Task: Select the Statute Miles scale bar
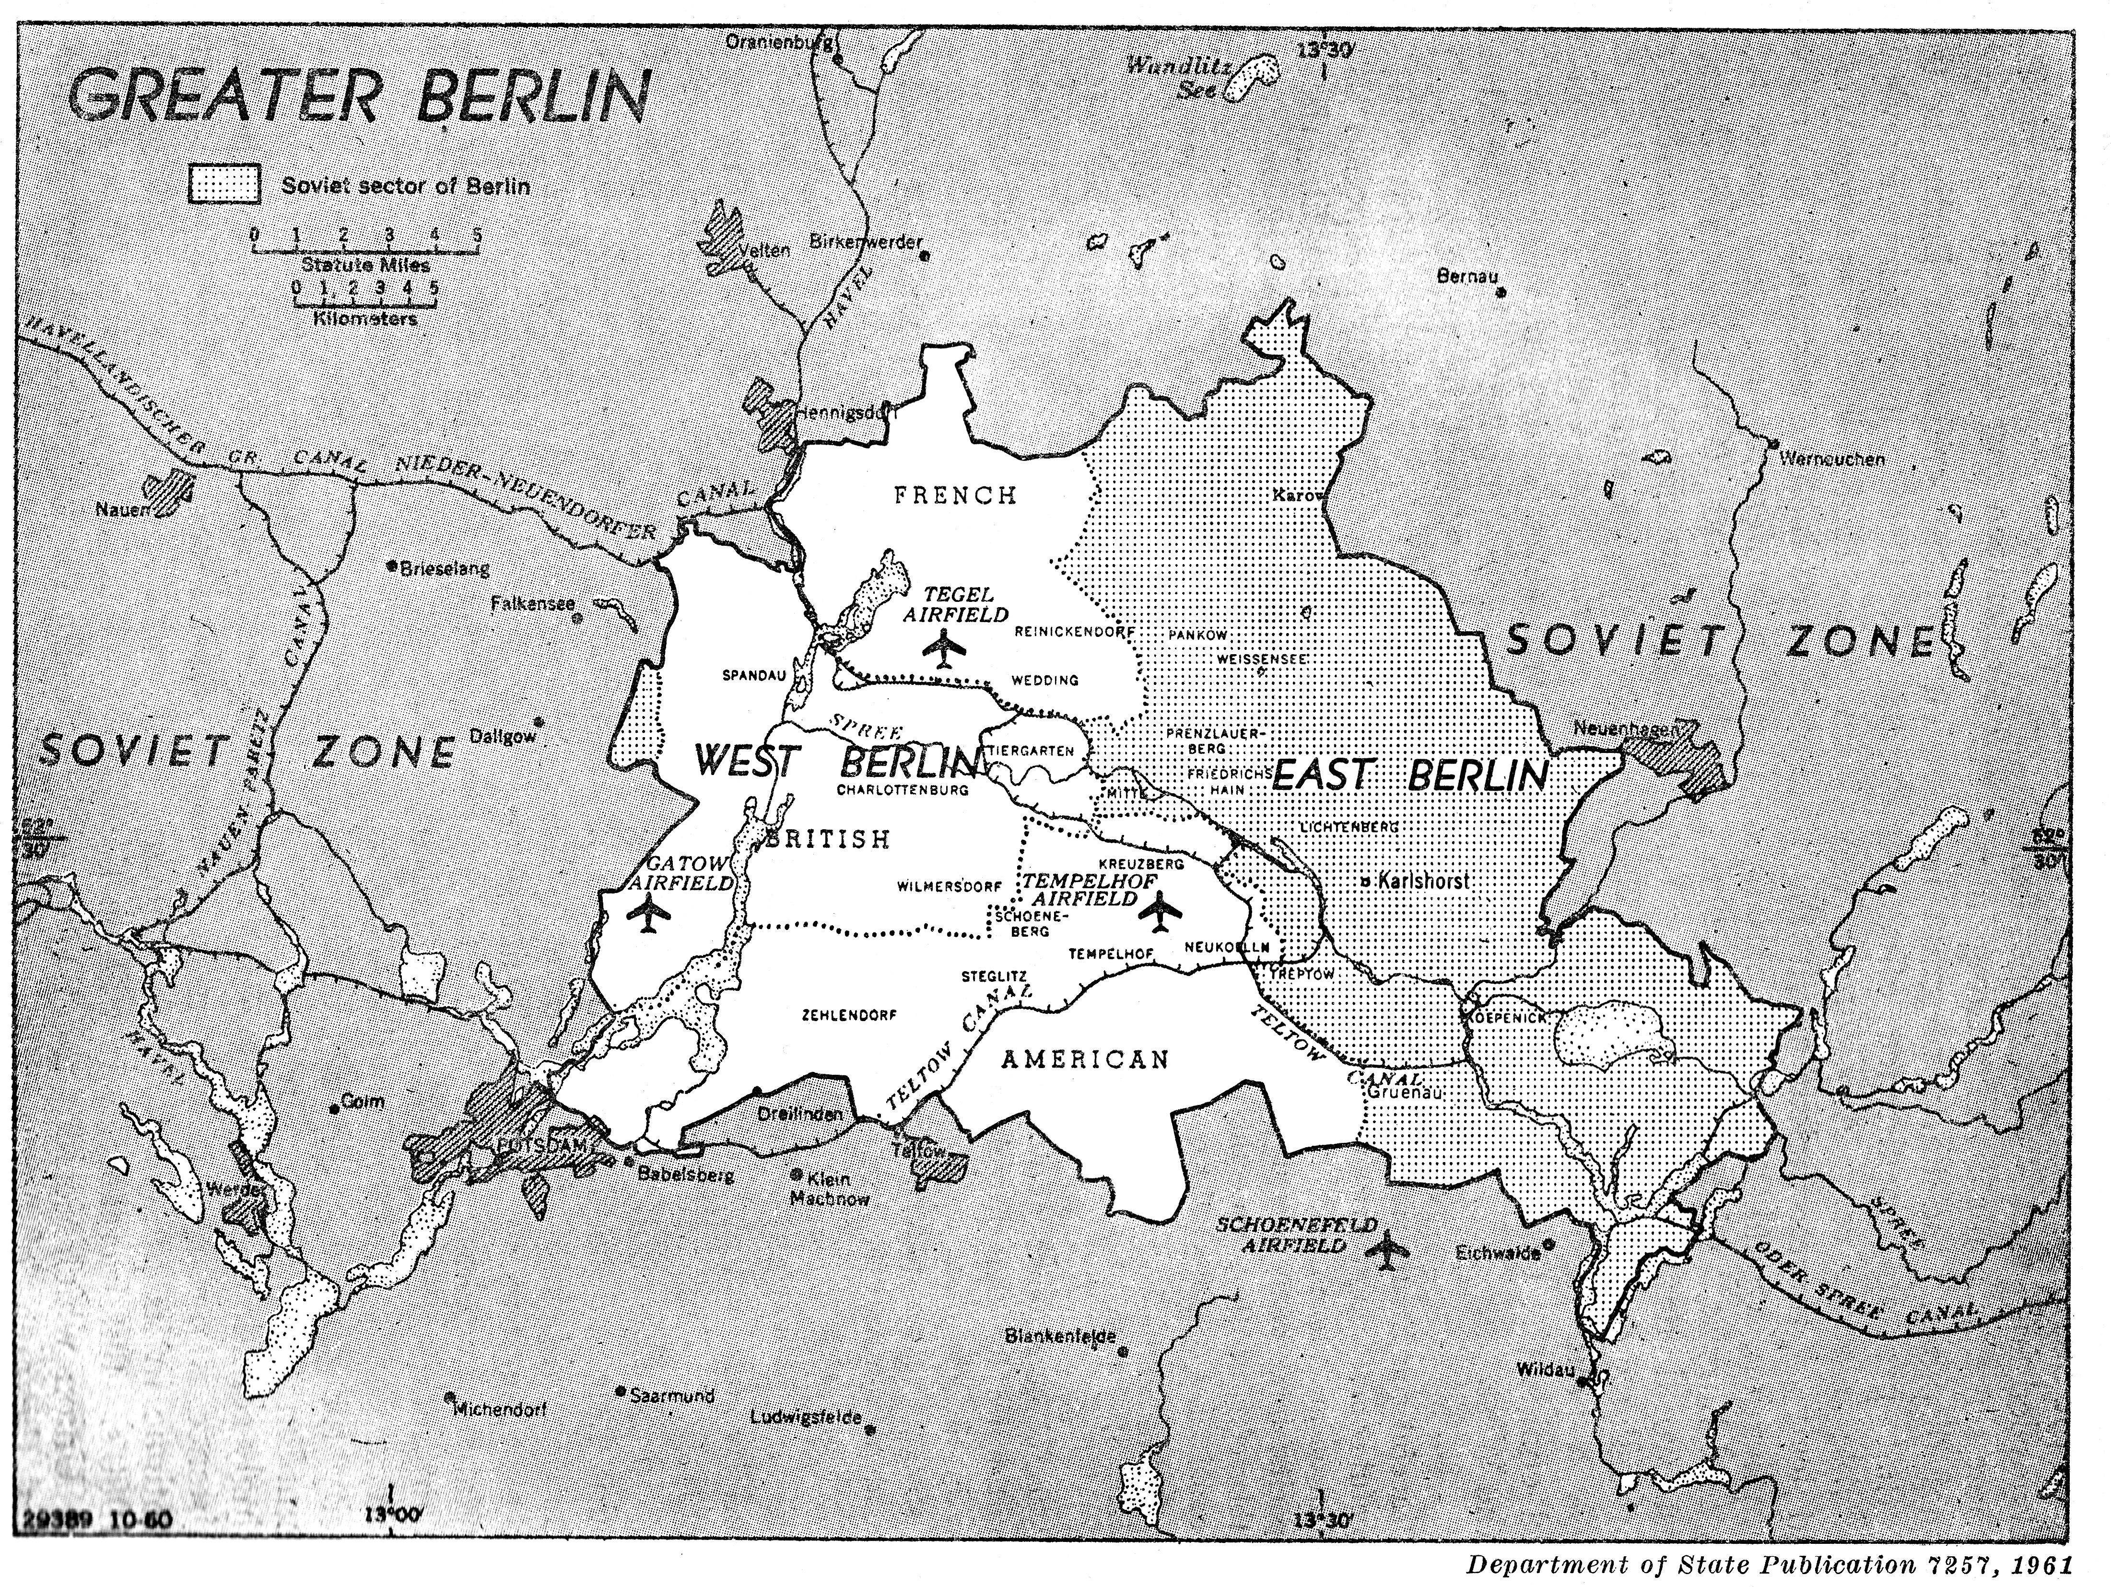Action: (365, 250)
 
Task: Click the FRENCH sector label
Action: (955, 494)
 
